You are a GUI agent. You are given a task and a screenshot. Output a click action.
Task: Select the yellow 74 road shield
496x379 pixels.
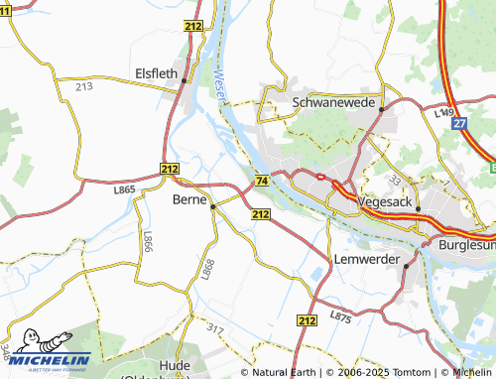(x=261, y=181)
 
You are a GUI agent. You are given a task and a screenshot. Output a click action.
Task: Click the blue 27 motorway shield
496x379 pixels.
(x=458, y=124)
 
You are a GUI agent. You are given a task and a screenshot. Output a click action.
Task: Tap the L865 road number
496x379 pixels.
(x=124, y=189)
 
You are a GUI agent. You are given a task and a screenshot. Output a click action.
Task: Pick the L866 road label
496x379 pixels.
(x=148, y=242)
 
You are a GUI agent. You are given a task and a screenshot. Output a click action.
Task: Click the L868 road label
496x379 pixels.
(x=207, y=267)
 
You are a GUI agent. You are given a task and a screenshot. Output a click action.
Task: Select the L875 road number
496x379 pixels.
(x=340, y=316)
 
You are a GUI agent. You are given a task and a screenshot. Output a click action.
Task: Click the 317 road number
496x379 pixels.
(x=217, y=327)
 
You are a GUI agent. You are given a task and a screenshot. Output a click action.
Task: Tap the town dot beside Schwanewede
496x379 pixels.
(x=381, y=110)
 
